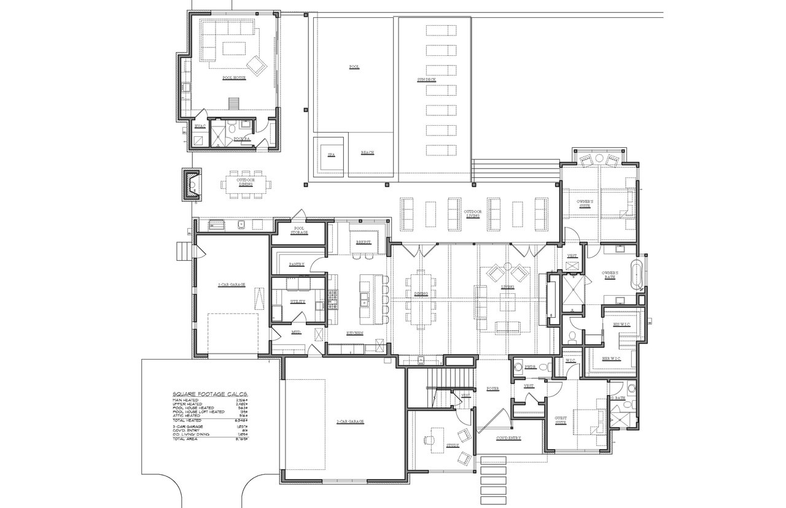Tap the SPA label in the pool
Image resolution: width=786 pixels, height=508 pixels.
click(330, 155)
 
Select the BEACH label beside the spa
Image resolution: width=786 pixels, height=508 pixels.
click(367, 153)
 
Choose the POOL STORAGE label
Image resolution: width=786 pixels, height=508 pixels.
click(300, 230)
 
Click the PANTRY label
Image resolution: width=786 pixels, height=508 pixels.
click(297, 264)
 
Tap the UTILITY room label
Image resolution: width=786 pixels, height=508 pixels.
click(298, 302)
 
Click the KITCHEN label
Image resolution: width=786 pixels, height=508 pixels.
click(354, 333)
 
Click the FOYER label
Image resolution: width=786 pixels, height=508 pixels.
click(492, 388)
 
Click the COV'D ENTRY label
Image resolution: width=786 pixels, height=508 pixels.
click(508, 437)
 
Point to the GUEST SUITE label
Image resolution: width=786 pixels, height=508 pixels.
click(560, 420)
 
